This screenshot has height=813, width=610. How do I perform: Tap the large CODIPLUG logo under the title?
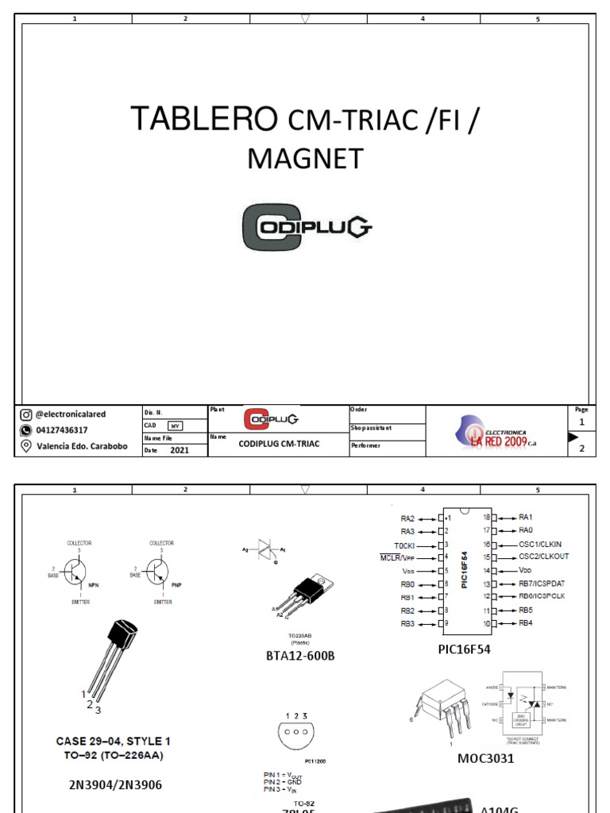click(306, 228)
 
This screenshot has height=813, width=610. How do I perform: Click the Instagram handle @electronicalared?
click(70, 414)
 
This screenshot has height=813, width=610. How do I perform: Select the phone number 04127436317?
click(62, 430)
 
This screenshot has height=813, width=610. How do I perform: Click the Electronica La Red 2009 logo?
click(496, 432)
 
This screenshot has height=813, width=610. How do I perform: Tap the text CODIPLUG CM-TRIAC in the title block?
click(279, 444)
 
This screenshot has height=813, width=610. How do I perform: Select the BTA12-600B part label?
click(300, 657)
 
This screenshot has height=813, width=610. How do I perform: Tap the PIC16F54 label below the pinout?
click(465, 649)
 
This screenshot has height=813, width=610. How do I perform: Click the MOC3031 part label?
click(485, 758)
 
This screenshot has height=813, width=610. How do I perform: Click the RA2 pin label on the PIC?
click(407, 518)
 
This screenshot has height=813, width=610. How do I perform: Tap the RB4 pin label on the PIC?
click(526, 623)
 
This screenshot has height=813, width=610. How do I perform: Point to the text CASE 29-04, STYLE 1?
click(113, 742)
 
